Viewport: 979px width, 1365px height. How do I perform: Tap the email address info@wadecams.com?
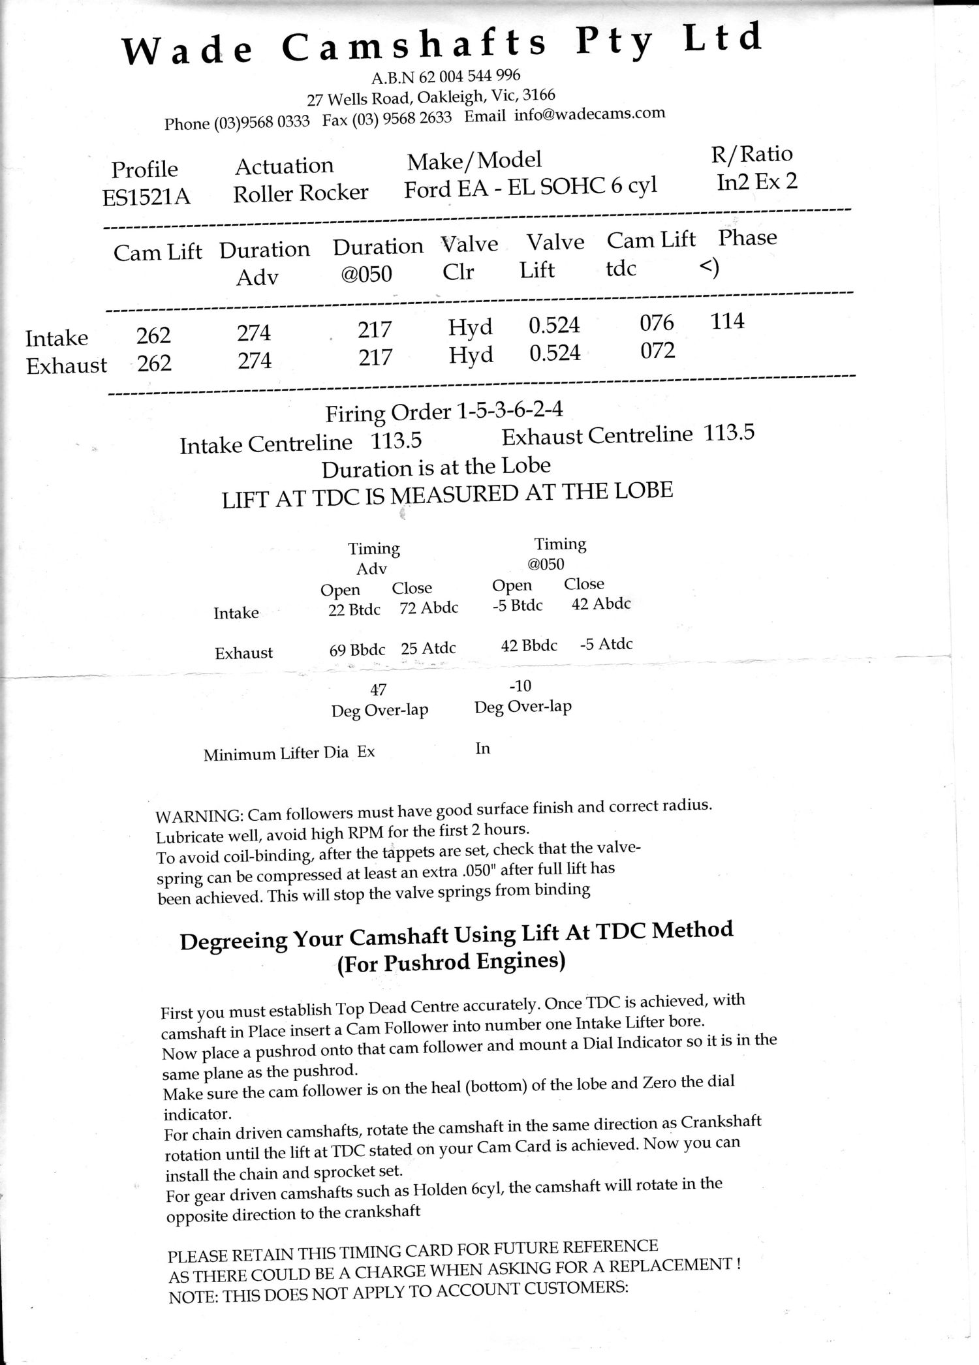point(589,114)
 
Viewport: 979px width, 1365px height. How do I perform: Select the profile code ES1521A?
point(146,196)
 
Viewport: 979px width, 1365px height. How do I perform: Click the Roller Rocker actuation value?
point(301,192)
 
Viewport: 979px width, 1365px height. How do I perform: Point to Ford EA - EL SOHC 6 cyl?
point(530,188)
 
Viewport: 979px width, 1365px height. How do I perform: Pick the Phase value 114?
point(727,321)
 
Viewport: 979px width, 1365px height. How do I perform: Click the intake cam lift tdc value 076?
point(657,323)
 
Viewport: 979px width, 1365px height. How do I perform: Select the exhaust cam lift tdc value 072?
point(657,351)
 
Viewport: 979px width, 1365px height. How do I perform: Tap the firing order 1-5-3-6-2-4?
point(510,410)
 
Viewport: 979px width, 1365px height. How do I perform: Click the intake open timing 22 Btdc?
point(354,610)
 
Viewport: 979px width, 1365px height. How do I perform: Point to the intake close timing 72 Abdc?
point(429,608)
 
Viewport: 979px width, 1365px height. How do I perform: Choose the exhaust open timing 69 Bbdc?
point(357,650)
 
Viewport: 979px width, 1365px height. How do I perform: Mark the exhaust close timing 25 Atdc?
point(428,649)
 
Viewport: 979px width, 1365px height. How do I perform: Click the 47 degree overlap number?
point(378,689)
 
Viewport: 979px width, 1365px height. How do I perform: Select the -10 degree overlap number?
point(520,686)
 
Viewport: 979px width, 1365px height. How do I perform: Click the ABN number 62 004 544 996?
point(469,76)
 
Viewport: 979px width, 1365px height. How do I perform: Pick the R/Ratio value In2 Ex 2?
point(757,181)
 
